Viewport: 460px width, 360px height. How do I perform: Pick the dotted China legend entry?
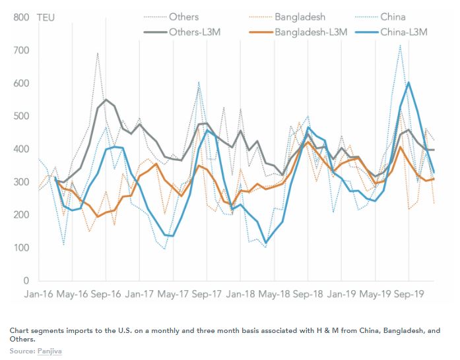click(x=392, y=16)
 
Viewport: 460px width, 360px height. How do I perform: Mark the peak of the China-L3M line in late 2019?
click(x=409, y=82)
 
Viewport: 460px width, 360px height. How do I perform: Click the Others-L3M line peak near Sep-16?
click(x=106, y=100)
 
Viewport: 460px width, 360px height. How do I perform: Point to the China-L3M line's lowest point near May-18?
click(x=265, y=243)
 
